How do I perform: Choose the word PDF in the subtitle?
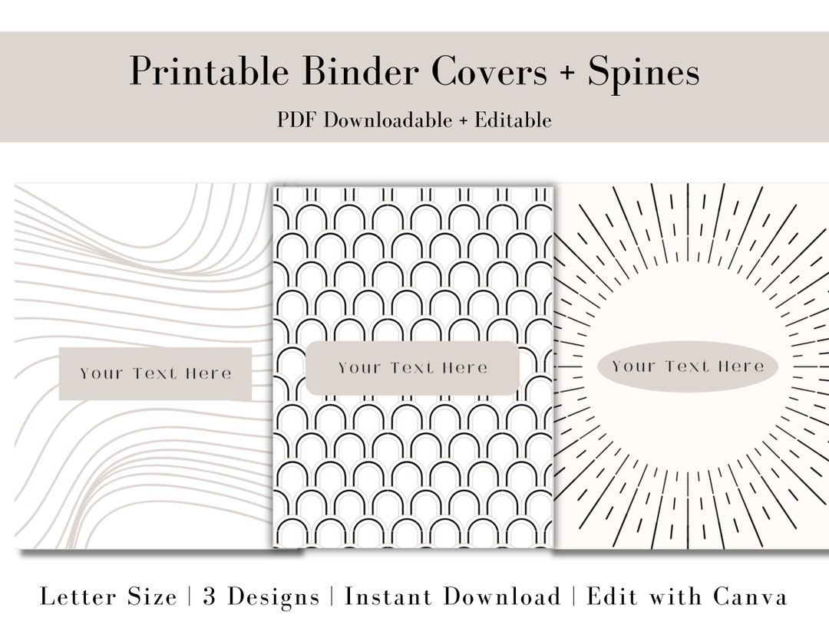(298, 120)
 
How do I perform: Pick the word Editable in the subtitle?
(513, 120)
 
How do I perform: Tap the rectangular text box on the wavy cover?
(155, 373)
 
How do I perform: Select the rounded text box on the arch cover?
(412, 368)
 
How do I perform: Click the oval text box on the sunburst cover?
(688, 366)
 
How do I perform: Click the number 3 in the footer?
(210, 596)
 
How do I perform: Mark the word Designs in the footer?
(273, 596)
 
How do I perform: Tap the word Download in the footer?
(504, 596)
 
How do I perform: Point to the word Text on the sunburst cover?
(687, 366)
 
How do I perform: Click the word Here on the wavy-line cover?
(208, 373)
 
